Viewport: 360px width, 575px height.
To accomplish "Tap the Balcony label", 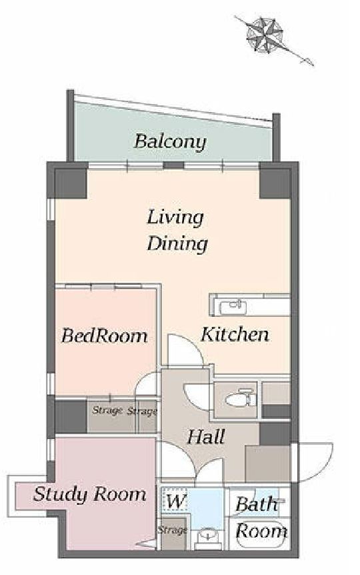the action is (170, 141).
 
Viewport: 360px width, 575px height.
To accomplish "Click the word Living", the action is (175, 218).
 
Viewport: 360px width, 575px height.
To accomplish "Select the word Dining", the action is (177, 243).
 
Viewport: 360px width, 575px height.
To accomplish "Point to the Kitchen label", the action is (235, 334).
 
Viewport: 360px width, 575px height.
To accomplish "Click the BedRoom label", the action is (105, 336).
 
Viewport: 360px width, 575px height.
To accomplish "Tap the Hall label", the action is (206, 437).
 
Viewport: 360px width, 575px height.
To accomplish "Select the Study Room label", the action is (90, 494).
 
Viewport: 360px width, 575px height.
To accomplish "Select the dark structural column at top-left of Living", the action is (71, 183).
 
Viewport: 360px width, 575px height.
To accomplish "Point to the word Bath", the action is (256, 504).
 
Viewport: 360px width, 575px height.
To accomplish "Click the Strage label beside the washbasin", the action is (172, 530).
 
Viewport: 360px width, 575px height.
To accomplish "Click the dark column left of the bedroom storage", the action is (71, 416).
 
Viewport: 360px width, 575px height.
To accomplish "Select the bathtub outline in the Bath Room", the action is (259, 535).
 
